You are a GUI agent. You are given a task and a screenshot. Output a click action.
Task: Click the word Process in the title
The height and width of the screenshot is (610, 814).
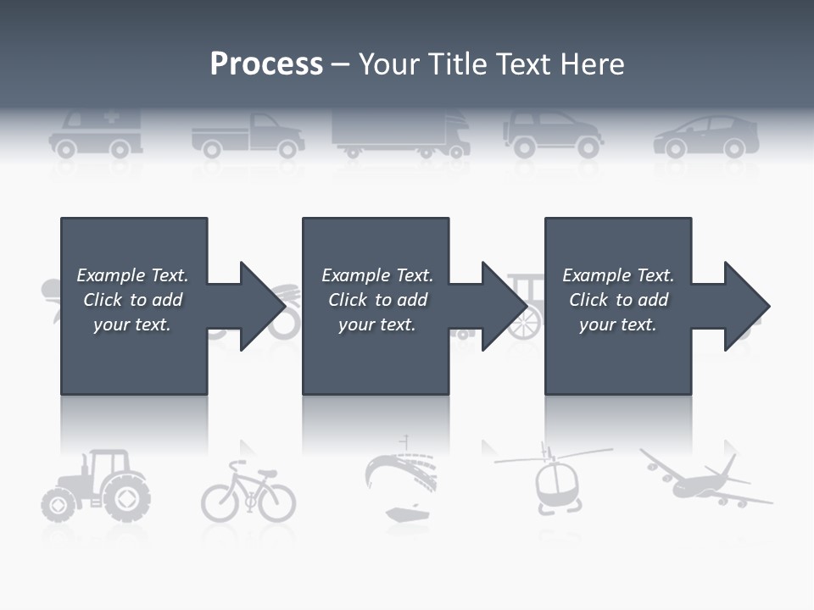266,64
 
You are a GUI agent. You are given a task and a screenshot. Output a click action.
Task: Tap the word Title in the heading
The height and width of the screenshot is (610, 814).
457,64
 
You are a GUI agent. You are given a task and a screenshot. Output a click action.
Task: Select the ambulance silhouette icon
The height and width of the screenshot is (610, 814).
95,134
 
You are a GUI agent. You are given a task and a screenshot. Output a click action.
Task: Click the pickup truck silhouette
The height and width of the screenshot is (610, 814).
248,136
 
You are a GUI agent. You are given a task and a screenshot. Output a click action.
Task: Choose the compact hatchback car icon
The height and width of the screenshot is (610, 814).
706,137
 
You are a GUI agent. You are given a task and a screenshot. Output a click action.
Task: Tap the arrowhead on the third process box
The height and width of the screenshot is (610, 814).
745,306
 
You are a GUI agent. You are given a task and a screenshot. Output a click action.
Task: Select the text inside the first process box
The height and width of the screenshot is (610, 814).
132,300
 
